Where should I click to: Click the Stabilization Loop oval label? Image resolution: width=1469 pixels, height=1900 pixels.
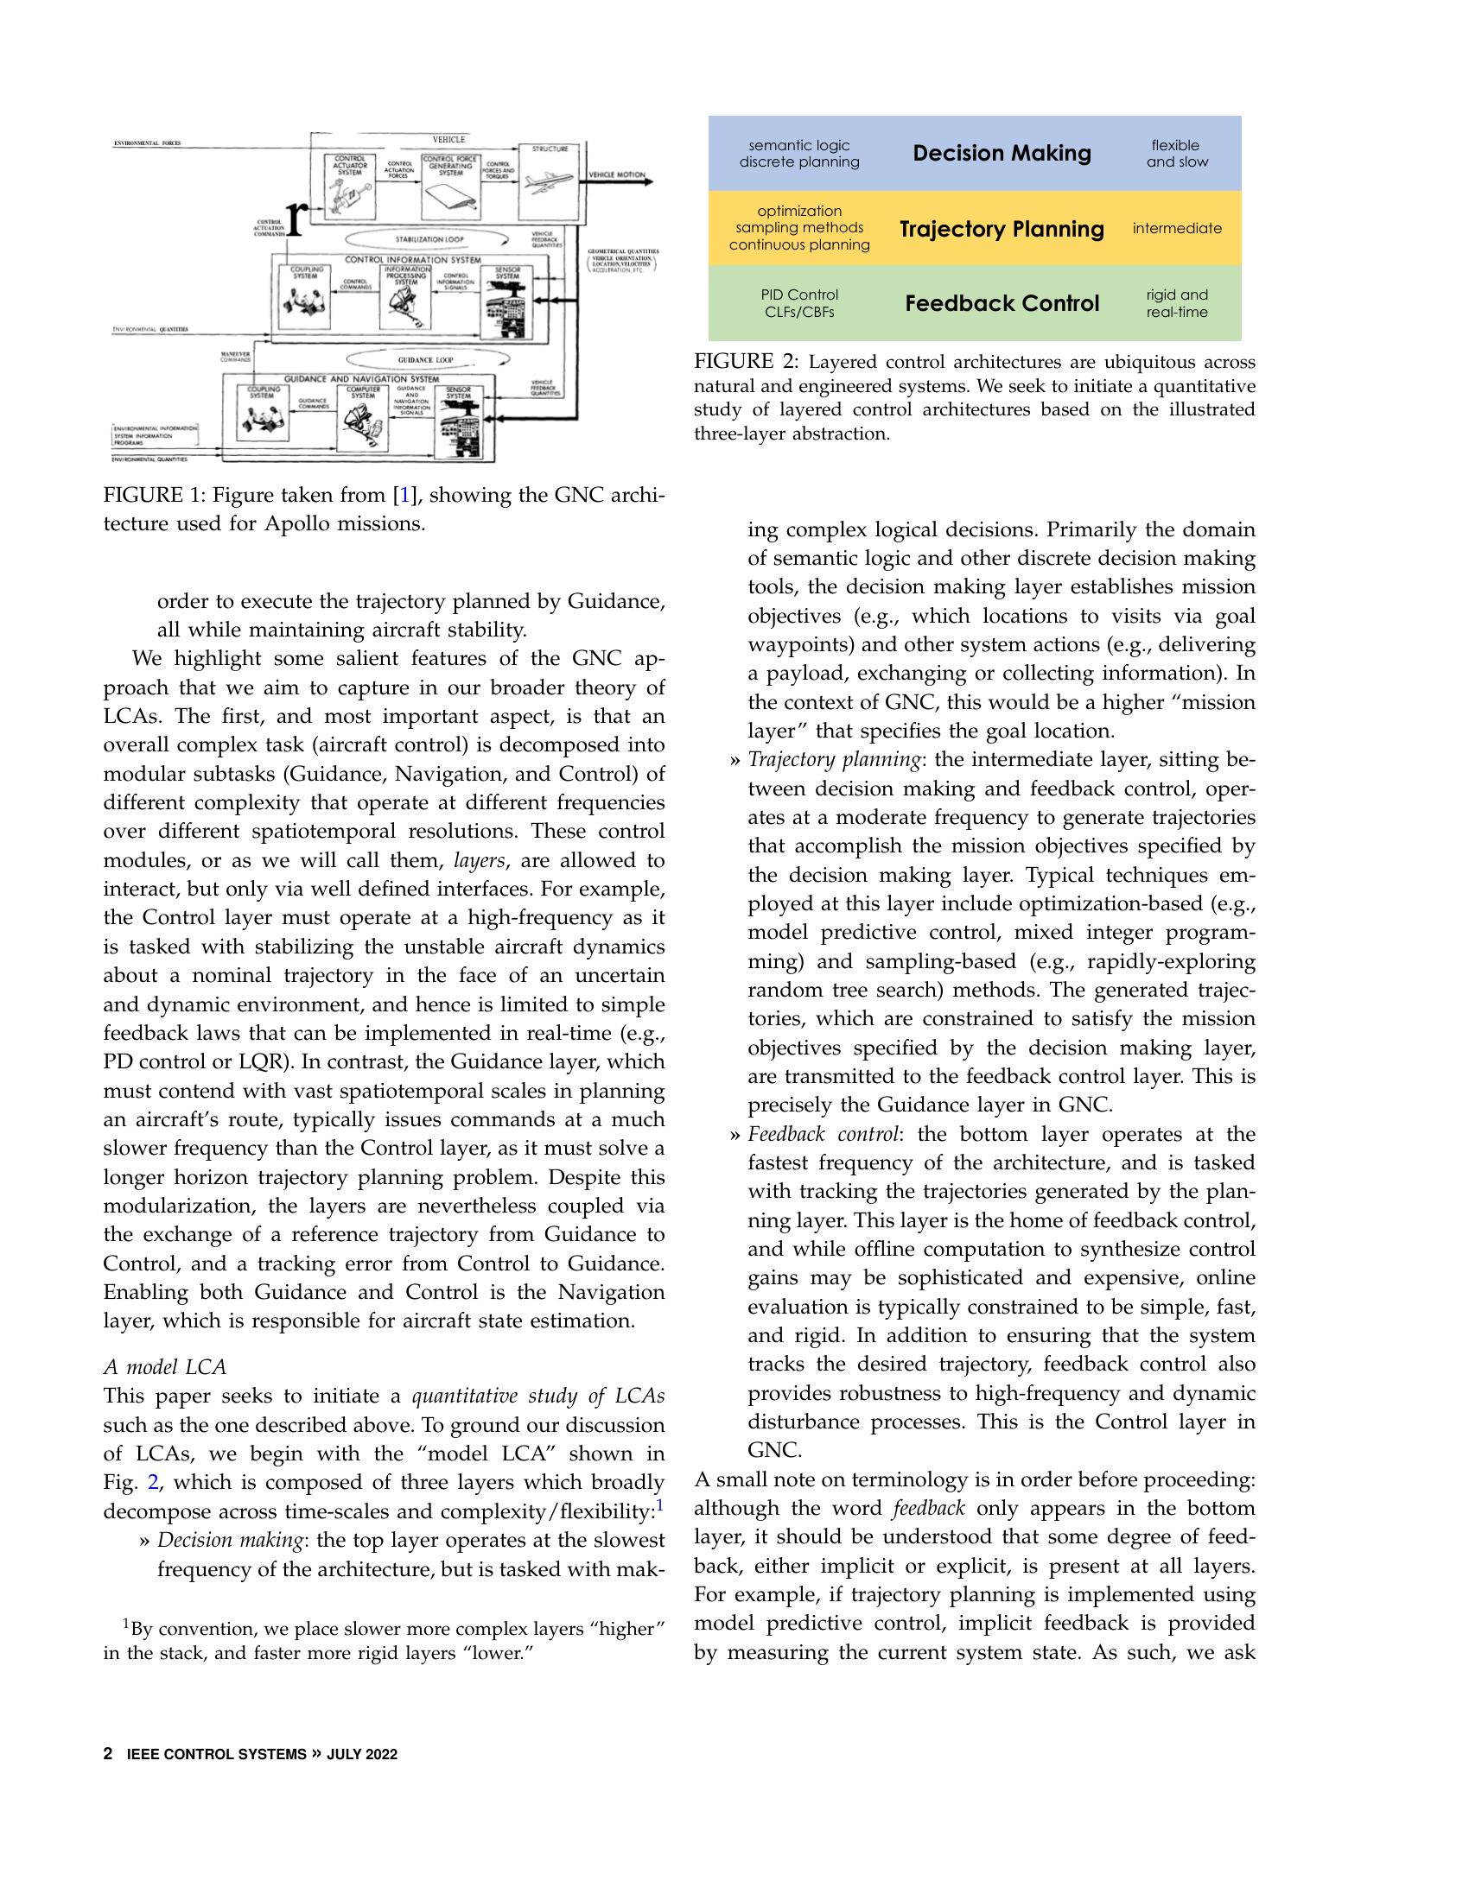(x=428, y=238)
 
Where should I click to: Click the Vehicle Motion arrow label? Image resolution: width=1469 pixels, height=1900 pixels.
(x=617, y=174)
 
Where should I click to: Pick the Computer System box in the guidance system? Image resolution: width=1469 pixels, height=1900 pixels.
(x=363, y=419)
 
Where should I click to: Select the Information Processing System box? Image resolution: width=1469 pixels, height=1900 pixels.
(x=405, y=295)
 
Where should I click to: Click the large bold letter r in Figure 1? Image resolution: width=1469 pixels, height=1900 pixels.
(x=296, y=218)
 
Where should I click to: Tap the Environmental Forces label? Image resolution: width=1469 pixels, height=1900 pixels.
(x=147, y=143)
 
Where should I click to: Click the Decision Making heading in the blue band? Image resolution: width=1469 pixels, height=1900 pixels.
(x=1001, y=153)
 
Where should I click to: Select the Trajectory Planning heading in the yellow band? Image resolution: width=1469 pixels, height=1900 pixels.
(x=1001, y=229)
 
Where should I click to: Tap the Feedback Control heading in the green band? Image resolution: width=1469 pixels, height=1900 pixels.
(x=1002, y=304)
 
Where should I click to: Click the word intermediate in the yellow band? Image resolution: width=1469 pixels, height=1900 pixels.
(x=1177, y=229)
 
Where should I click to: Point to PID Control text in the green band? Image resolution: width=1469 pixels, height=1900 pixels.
(x=799, y=294)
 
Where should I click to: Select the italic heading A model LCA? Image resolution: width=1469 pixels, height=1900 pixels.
(x=164, y=1367)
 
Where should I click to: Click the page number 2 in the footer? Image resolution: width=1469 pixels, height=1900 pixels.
(x=108, y=1754)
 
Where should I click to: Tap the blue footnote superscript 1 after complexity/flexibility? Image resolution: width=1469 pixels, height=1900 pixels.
(x=660, y=1505)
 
